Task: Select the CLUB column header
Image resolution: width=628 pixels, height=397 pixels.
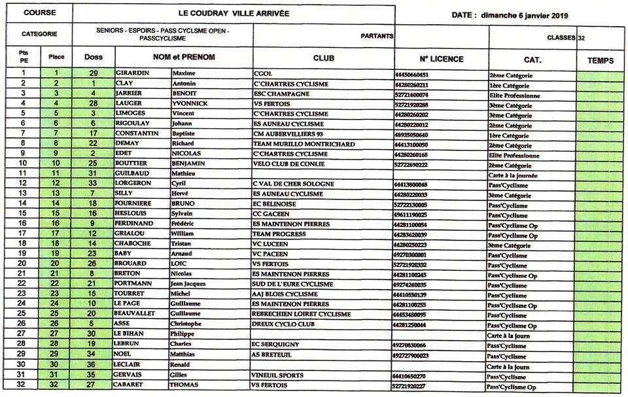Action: click(323, 58)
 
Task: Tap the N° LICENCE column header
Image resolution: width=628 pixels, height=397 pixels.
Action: click(442, 59)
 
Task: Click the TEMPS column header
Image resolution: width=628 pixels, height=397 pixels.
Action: click(600, 60)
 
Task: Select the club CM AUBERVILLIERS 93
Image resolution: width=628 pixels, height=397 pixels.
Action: click(292, 134)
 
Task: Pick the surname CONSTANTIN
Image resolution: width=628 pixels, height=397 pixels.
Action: click(135, 134)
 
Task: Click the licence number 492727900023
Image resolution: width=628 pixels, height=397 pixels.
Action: click(420, 355)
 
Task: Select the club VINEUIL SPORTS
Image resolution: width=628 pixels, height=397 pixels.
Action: click(278, 375)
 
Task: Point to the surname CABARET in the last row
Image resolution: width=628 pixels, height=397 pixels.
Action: click(131, 385)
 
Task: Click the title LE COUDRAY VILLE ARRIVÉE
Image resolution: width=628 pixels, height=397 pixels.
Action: click(233, 13)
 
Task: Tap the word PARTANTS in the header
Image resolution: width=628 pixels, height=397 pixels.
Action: click(377, 37)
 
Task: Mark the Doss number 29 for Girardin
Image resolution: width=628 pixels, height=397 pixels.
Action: click(94, 73)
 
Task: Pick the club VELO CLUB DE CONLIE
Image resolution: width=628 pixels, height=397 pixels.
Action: click(288, 164)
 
